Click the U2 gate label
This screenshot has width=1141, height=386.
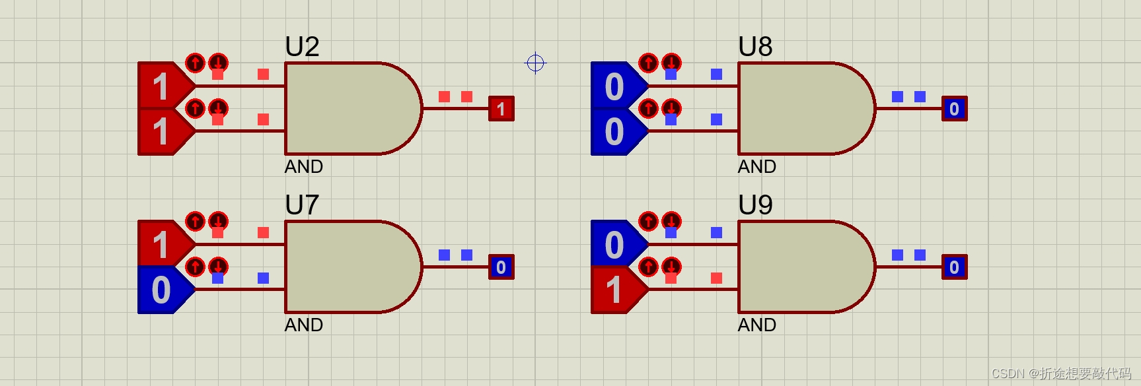pos(302,47)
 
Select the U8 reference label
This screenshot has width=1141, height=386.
pos(755,47)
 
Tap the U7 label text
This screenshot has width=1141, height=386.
pos(302,205)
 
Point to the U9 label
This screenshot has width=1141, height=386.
pos(755,205)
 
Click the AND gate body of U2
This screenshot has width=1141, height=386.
pos(350,108)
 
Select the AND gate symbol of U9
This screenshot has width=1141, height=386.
pos(803,267)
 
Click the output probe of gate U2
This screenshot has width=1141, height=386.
pos(501,108)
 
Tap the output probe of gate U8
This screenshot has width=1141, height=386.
pos(954,108)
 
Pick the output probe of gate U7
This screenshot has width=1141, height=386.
pos(501,267)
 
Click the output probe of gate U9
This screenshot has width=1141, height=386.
pos(954,267)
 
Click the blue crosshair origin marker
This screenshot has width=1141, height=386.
pos(535,63)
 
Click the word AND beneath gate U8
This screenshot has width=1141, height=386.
pos(756,166)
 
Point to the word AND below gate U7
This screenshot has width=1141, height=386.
pos(303,325)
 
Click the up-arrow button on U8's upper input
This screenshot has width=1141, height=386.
pos(648,63)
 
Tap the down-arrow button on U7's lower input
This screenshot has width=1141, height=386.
pos(218,267)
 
